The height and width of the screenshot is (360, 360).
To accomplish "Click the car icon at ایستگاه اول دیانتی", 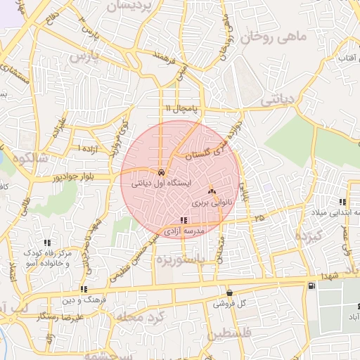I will (161, 172).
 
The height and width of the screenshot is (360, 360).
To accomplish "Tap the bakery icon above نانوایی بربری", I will (212, 191).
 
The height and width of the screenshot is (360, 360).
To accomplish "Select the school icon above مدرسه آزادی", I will (184, 220).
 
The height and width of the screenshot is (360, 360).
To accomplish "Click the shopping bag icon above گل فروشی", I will (229, 292).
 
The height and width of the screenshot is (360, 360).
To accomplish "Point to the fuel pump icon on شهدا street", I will (311, 285).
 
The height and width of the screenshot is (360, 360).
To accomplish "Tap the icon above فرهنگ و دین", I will (84, 289).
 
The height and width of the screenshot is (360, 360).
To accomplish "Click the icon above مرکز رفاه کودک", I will (47, 243).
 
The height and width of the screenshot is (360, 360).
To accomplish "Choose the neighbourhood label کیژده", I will (309, 234).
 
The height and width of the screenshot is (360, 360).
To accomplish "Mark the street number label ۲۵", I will (260, 219).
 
